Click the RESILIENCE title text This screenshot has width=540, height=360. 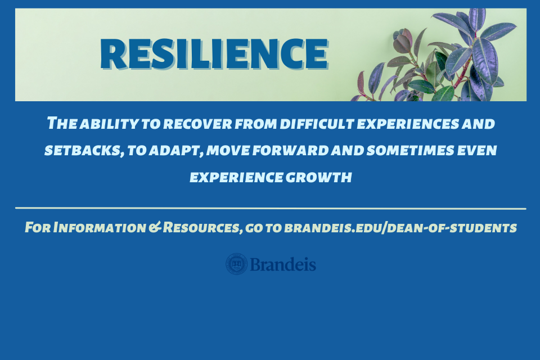[214, 54]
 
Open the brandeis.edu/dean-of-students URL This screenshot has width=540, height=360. [400, 228]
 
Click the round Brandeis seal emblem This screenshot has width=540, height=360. [236, 264]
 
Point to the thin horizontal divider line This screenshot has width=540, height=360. [270, 209]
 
